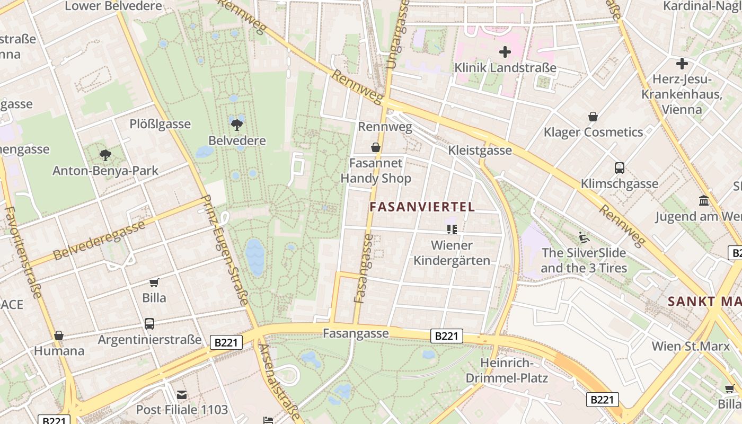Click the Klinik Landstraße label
click(506, 68)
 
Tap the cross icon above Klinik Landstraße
click(505, 52)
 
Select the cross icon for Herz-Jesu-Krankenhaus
click(682, 64)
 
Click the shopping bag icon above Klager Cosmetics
click(593, 117)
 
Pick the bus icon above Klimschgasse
click(620, 168)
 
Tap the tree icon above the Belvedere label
click(236, 125)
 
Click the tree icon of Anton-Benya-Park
click(105, 155)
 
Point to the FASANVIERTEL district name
click(422, 207)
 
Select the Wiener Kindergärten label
click(452, 253)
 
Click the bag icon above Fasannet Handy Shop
click(376, 147)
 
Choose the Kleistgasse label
click(480, 150)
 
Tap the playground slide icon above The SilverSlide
click(584, 237)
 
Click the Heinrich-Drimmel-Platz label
click(507, 370)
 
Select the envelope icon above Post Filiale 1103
click(182, 394)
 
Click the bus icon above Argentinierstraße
click(149, 323)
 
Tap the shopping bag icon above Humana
click(59, 335)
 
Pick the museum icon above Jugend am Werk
click(704, 201)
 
